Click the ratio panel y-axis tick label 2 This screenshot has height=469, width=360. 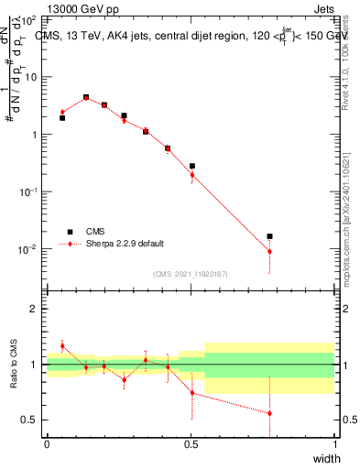click(33, 310)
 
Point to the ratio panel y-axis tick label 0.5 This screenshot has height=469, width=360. click(29, 420)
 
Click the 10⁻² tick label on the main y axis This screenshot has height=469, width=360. click(28, 249)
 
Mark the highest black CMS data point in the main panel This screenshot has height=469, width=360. click(86, 97)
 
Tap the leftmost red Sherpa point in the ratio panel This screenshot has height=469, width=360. click(62, 346)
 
